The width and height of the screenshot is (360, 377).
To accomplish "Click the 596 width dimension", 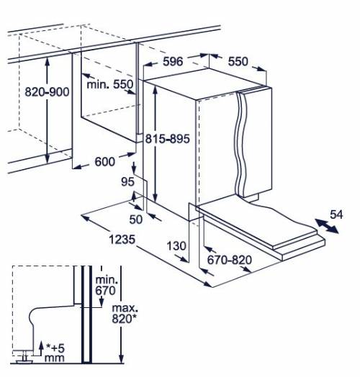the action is [173, 62].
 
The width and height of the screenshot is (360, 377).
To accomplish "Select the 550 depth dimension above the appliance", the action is [238, 62].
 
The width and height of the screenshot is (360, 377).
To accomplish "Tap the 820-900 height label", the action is [47, 92].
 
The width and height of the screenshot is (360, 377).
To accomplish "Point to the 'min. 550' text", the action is [109, 84].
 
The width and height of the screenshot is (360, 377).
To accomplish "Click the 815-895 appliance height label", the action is [168, 139].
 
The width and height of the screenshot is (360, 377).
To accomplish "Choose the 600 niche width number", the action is [104, 162].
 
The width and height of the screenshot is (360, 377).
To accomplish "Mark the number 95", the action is [127, 182].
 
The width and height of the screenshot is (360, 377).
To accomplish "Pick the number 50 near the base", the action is [136, 219].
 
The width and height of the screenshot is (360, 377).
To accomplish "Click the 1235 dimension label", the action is [122, 240].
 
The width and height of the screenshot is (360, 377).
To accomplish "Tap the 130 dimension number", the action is [176, 246].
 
